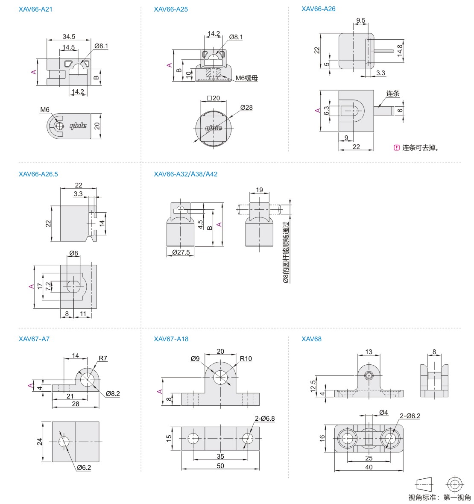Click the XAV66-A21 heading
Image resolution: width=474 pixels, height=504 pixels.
(x=35, y=9)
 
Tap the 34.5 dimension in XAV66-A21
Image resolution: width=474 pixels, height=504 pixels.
(x=69, y=37)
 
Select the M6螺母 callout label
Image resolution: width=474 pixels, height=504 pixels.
(x=247, y=78)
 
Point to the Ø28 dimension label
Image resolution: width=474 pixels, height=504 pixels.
(x=246, y=108)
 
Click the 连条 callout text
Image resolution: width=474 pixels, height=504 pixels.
(x=393, y=94)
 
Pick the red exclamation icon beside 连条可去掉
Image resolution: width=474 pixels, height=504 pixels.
(x=396, y=148)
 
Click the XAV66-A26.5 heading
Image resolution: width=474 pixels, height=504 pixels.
(x=38, y=174)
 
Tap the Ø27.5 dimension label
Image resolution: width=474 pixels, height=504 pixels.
(x=181, y=252)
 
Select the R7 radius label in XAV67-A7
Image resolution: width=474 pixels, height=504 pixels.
(x=103, y=358)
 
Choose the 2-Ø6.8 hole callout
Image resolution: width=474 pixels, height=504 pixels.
(x=265, y=419)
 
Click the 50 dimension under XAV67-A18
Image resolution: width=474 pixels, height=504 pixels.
(x=220, y=466)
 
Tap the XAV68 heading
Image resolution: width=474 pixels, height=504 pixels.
(x=311, y=339)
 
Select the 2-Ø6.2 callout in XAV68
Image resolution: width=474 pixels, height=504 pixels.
(x=410, y=416)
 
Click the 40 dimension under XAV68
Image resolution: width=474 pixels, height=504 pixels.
(x=369, y=467)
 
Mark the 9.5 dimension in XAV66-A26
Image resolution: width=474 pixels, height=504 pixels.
(x=360, y=21)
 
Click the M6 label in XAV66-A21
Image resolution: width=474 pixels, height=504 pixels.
(x=45, y=110)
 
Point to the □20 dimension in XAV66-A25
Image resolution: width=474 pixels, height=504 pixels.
(x=213, y=98)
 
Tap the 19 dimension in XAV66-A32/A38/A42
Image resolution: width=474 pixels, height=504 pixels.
(x=259, y=190)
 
